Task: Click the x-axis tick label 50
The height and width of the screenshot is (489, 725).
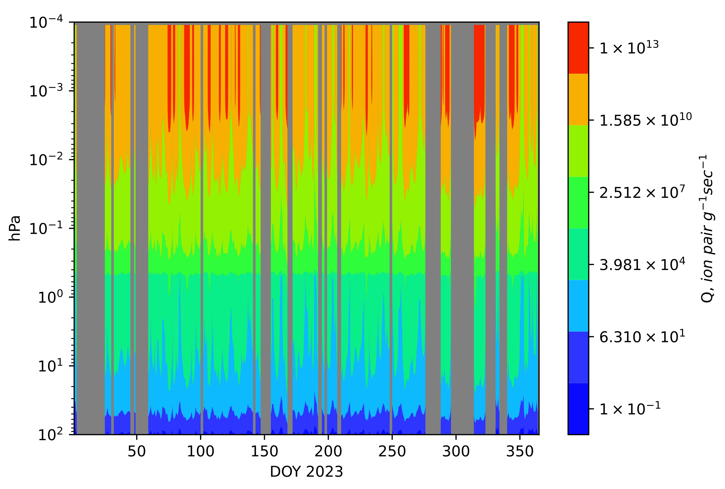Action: coord(136,452)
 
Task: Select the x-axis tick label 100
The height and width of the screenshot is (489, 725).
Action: coord(201,452)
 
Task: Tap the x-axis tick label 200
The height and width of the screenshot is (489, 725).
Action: coord(328,452)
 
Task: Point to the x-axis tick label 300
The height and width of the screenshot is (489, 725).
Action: coord(456,452)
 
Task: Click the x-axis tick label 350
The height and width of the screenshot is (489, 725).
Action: coord(520,452)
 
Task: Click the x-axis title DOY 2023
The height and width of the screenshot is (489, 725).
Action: coord(306,472)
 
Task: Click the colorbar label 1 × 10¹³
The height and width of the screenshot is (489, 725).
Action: coord(629,48)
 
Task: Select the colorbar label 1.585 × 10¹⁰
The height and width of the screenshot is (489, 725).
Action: coord(645,120)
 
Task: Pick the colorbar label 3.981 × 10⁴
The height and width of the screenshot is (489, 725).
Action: coord(642,264)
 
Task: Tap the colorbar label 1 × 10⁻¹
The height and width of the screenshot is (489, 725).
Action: coord(630,409)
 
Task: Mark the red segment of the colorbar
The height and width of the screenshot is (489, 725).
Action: coord(578,48)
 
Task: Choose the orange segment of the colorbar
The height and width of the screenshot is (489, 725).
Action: coord(578,99)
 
